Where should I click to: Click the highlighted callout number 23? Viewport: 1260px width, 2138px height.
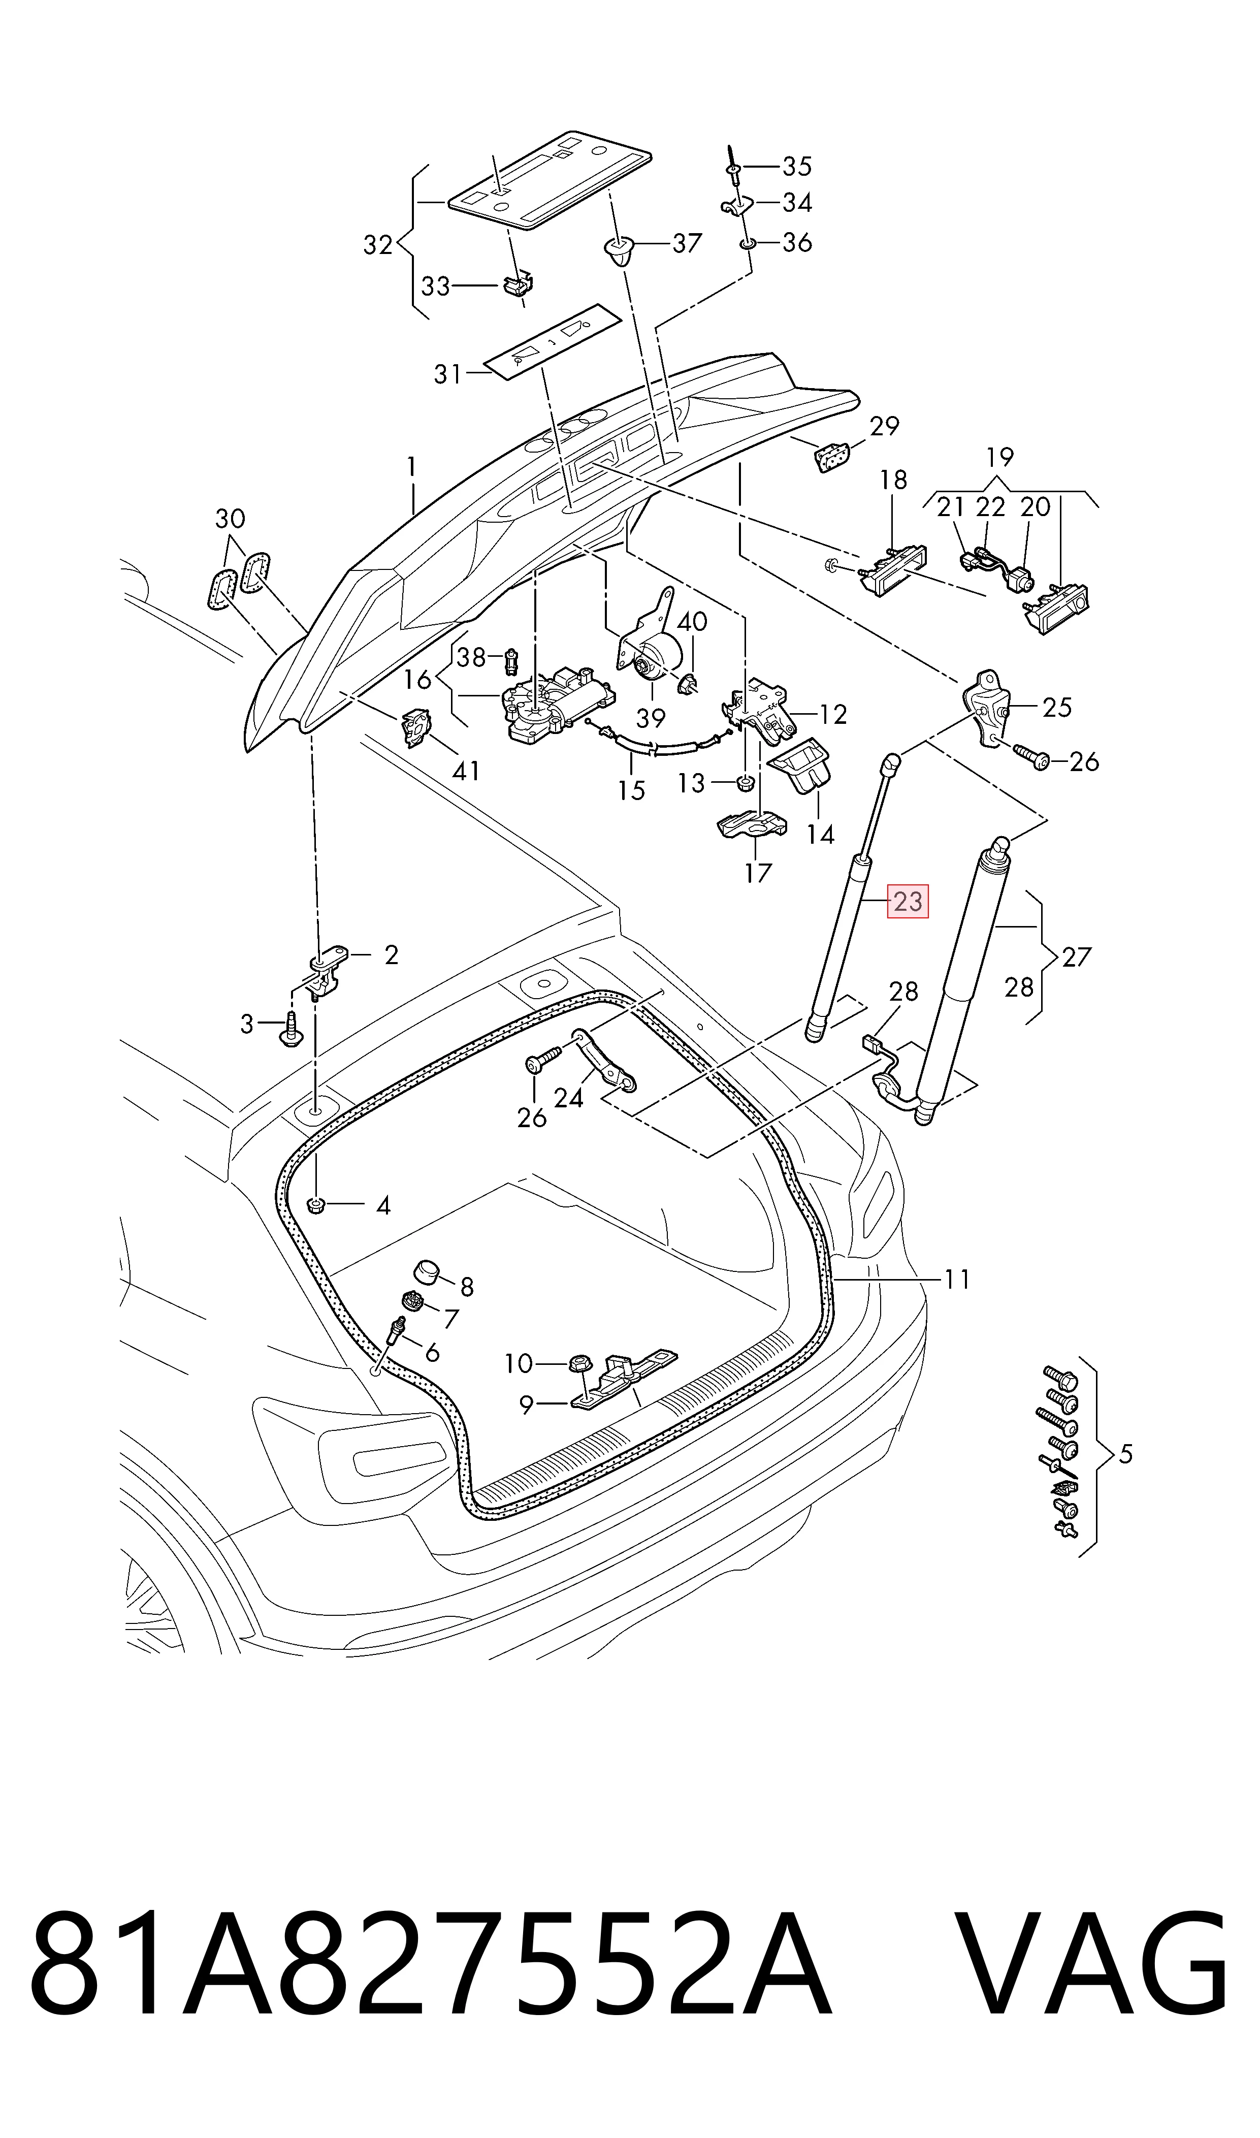pos(908,901)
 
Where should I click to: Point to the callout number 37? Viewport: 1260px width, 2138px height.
pos(687,244)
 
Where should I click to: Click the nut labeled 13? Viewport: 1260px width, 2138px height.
pos(745,782)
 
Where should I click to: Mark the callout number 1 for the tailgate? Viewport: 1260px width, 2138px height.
pos(412,467)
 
